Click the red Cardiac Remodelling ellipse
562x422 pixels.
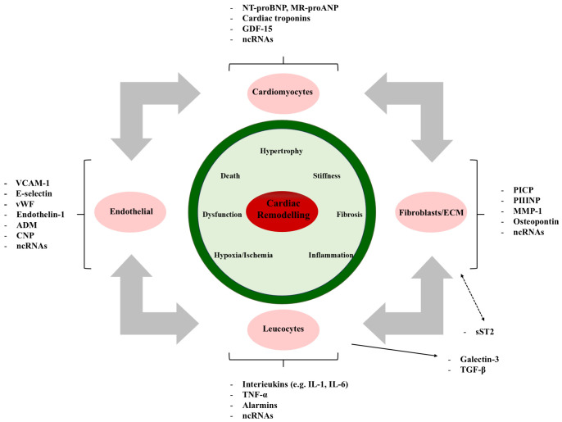pos(280,209)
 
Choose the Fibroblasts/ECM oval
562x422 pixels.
pos(434,209)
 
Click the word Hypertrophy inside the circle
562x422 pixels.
pos(281,152)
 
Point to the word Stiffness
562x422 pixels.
pos(326,175)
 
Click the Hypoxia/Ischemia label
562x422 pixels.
pos(242,255)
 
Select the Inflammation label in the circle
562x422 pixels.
pos(330,255)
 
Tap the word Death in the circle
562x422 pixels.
pos(230,175)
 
